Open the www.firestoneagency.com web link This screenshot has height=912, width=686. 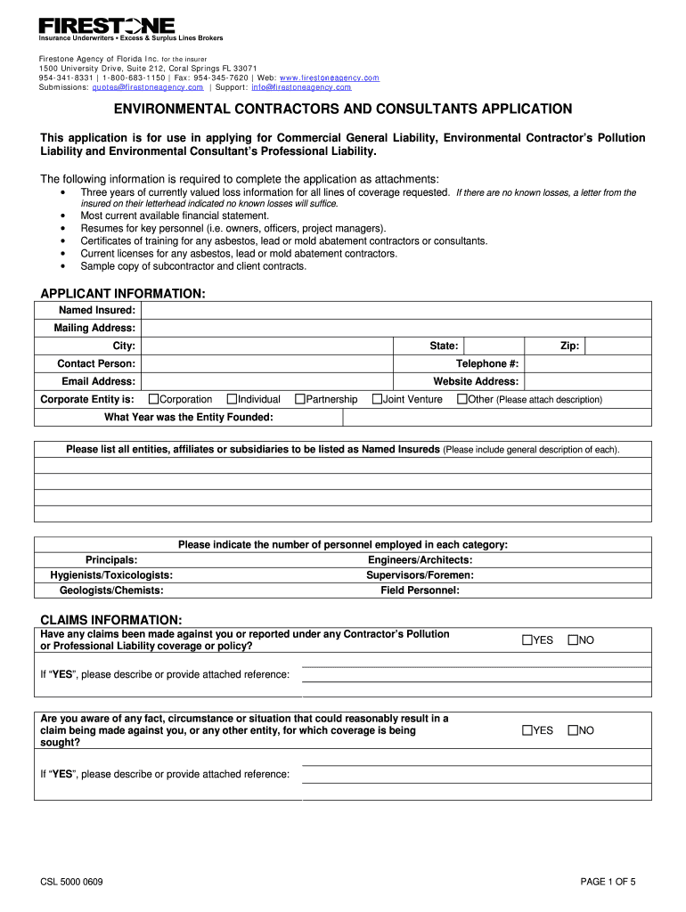330,77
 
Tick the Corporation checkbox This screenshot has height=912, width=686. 153,399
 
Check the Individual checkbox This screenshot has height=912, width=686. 232,399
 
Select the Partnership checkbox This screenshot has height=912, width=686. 299,399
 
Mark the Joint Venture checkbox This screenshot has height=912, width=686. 377,399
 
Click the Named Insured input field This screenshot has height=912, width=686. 396,310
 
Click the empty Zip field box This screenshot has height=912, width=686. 618,346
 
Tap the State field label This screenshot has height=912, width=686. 444,346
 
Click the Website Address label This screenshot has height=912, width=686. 476,381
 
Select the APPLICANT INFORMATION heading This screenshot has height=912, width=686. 123,294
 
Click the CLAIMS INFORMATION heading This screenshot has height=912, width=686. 111,619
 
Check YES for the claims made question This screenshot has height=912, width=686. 527,640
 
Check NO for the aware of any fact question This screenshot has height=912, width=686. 573,730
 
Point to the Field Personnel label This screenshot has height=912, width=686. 420,590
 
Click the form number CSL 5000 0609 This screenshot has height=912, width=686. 71,882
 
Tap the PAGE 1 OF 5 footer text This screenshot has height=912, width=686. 608,882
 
